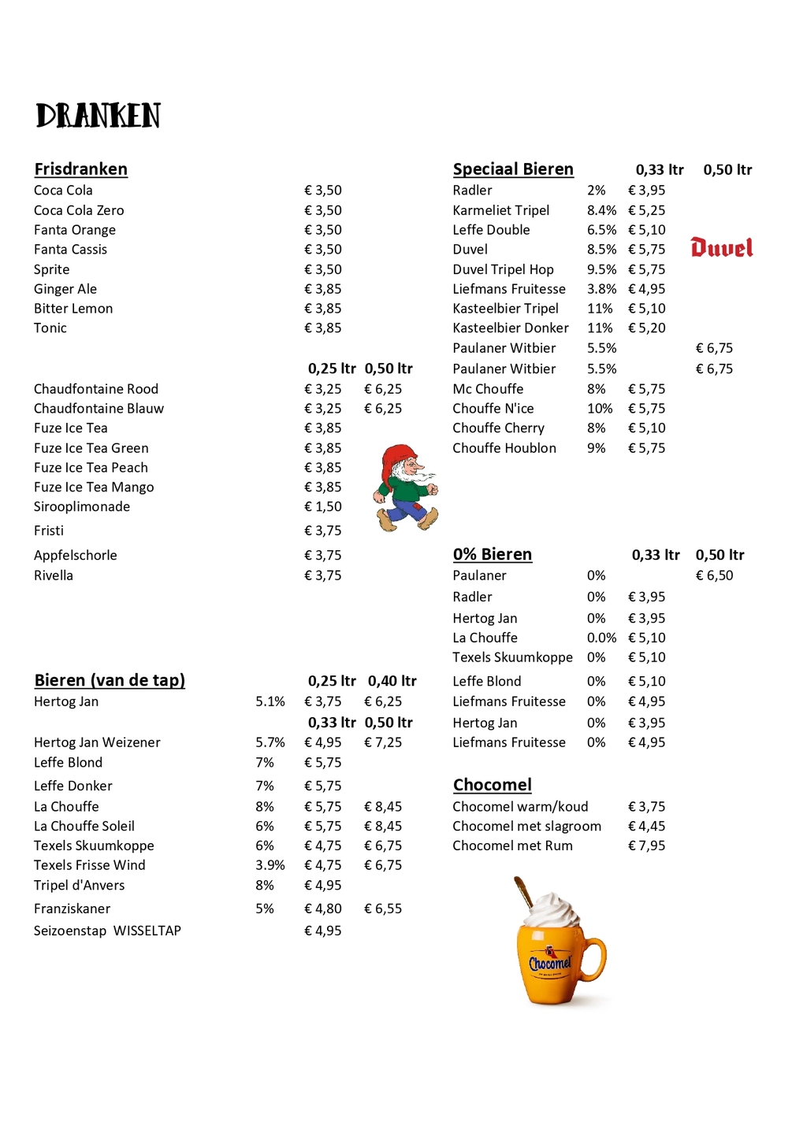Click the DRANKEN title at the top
[x=99, y=116]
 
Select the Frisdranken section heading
[x=80, y=169]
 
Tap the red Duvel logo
[x=721, y=248]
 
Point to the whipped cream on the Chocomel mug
[x=552, y=911]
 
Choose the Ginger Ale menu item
[x=65, y=289]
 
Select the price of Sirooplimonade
[x=323, y=507]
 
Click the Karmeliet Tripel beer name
[x=501, y=210]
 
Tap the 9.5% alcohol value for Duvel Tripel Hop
[x=601, y=269]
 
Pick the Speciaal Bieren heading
[x=513, y=169]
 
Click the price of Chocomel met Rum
[x=646, y=846]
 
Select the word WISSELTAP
[x=147, y=931]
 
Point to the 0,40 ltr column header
[x=392, y=681]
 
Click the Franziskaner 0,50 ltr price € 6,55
[x=383, y=909]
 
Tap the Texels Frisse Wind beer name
[x=90, y=865]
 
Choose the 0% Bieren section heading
[x=493, y=554]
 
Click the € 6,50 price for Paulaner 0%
[x=714, y=576]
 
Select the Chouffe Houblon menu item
[x=504, y=448]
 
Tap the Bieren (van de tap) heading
[x=110, y=680]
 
